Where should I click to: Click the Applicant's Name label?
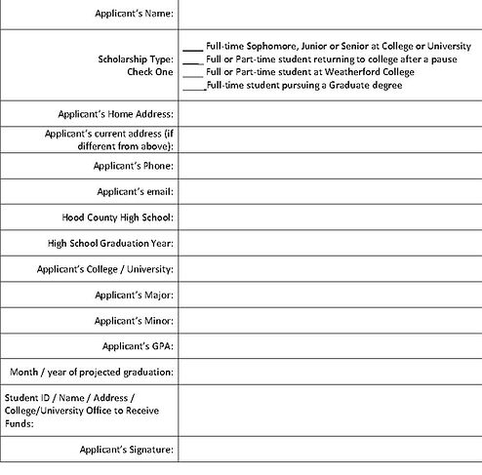135,14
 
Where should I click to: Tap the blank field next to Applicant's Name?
330,14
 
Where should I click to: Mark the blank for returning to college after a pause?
192,59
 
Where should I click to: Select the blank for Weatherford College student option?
192,72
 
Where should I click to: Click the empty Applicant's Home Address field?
330,114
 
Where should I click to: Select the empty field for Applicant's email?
330,191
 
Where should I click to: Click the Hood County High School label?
117,217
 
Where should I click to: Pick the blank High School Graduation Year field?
330,243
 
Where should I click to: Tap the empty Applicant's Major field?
330,294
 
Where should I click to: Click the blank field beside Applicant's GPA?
330,345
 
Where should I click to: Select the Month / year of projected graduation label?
92,372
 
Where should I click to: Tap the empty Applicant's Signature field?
330,450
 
